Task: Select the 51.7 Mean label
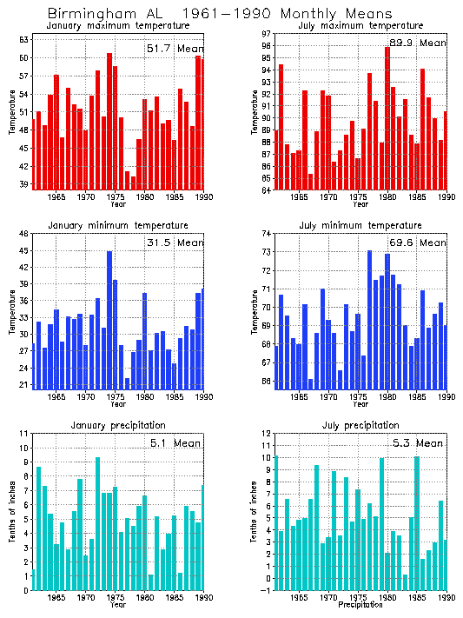tap(174, 50)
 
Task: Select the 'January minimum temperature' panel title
tap(117, 225)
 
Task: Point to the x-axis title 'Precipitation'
tap(360, 605)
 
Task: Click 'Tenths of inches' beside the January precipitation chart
tap(12, 511)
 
